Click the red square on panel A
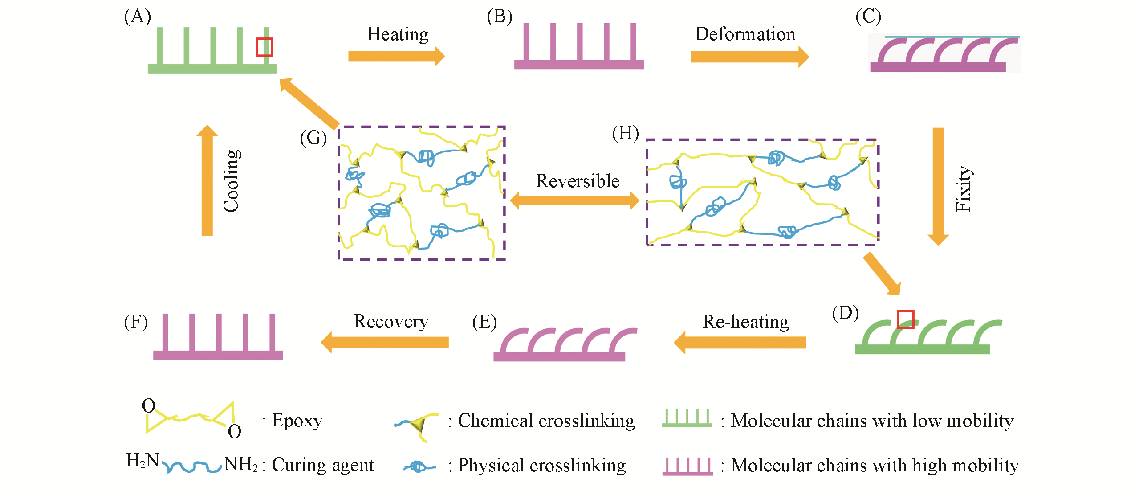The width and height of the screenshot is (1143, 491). tap(264, 47)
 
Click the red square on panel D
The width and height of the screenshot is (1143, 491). tap(905, 319)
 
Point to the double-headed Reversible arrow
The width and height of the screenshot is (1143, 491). tap(574, 200)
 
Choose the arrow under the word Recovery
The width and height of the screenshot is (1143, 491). tap(385, 342)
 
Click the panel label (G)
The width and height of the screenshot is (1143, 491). tap(313, 138)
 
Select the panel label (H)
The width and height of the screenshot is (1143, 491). tap(625, 133)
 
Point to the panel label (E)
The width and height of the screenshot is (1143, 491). tap(484, 322)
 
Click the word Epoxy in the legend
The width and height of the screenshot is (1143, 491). tap(297, 421)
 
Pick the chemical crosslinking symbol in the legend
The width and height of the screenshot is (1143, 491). tap(417, 425)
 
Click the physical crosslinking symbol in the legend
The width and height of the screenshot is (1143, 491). tap(418, 466)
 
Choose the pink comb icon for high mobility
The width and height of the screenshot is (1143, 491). tap(687, 466)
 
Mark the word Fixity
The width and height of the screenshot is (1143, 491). tap(963, 189)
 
